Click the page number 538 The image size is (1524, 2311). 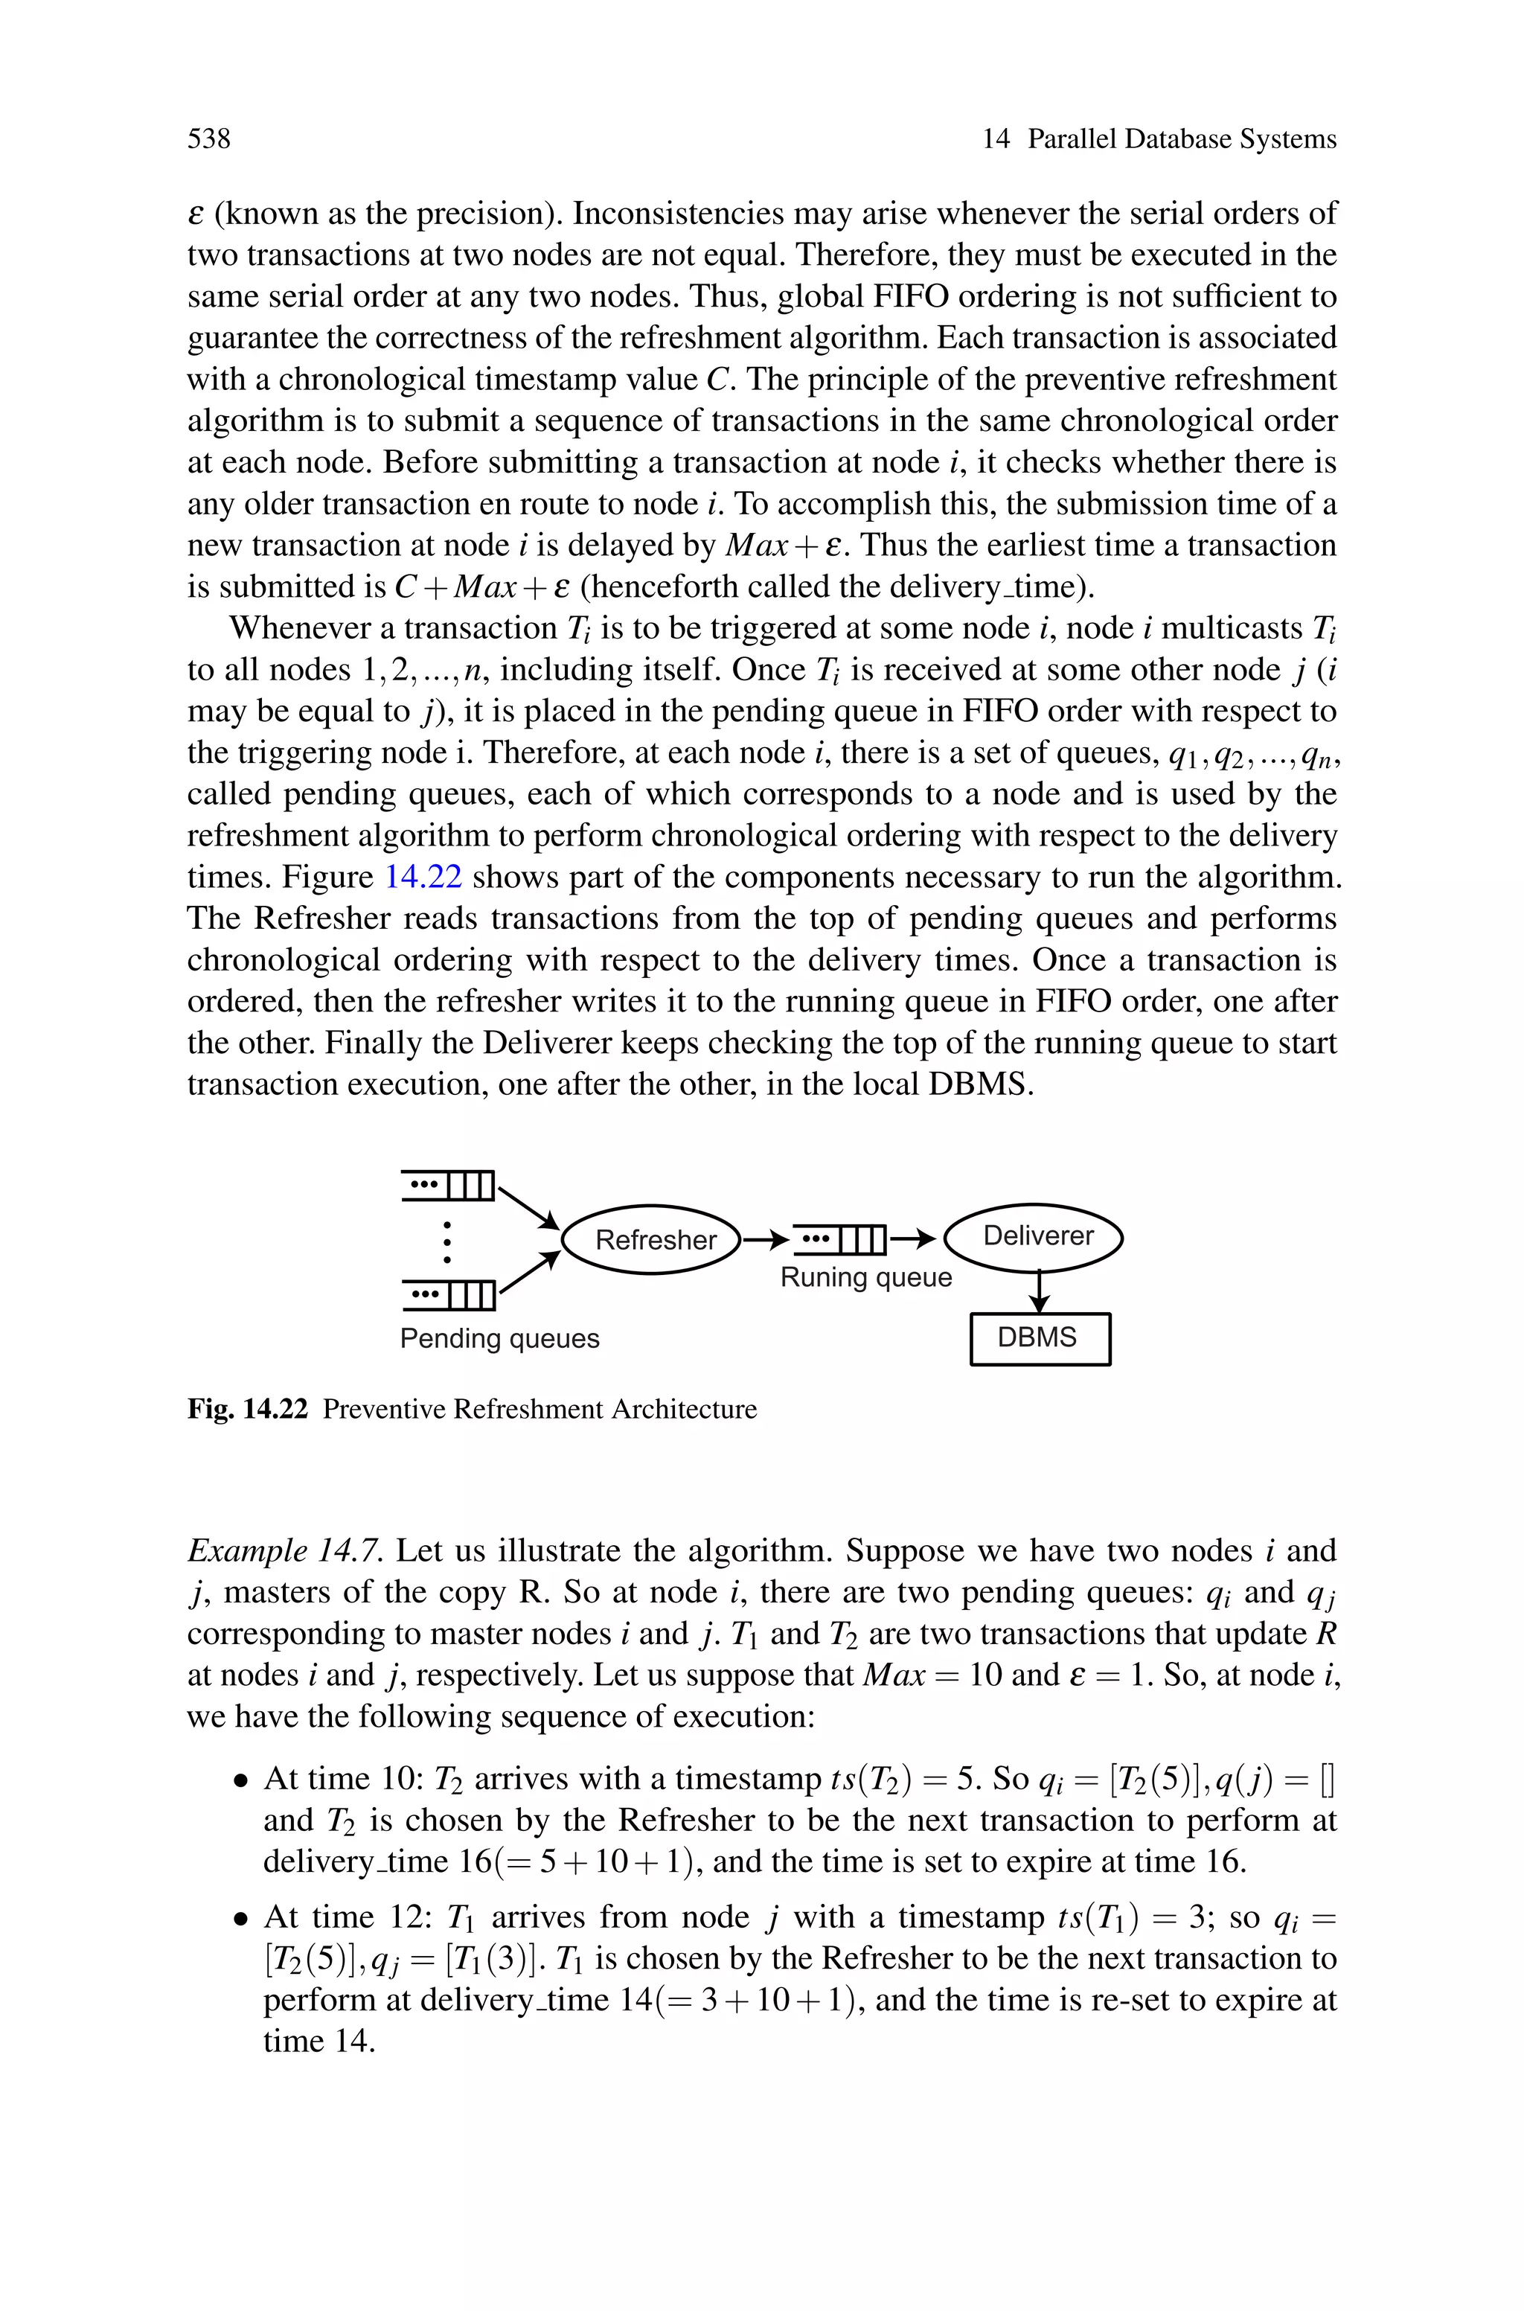coord(209,139)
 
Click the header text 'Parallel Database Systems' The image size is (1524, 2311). coord(1182,139)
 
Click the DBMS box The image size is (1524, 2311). coord(1039,1338)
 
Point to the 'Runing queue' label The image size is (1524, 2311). coord(865,1277)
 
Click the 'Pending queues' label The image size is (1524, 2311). coord(499,1338)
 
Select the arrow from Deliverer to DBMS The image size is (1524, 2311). coord(1039,1293)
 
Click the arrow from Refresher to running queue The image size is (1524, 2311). coord(765,1239)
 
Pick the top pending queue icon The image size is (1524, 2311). coord(449,1186)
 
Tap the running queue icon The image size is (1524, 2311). coord(839,1239)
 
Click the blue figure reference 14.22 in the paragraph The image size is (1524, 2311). coord(423,878)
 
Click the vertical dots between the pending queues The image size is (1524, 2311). coord(447,1241)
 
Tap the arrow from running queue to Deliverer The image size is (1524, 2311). coord(912,1239)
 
